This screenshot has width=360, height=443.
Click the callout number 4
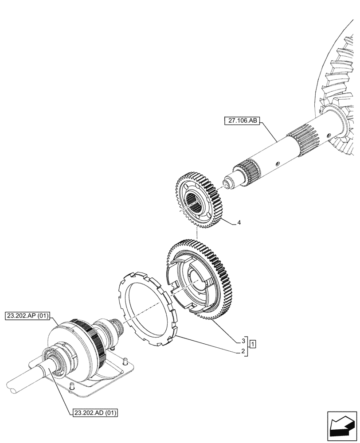[x=239, y=222]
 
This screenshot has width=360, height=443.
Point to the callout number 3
[x=243, y=342]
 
